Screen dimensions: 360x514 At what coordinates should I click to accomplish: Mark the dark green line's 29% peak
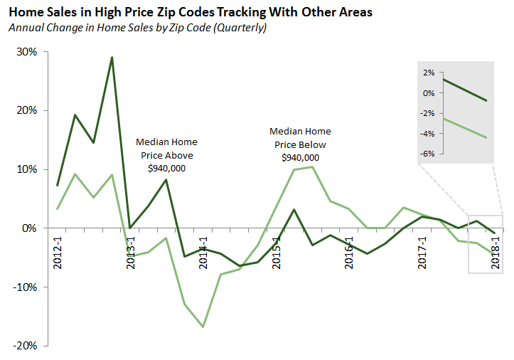112,58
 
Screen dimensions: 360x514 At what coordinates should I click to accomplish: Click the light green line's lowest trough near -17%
203,327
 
